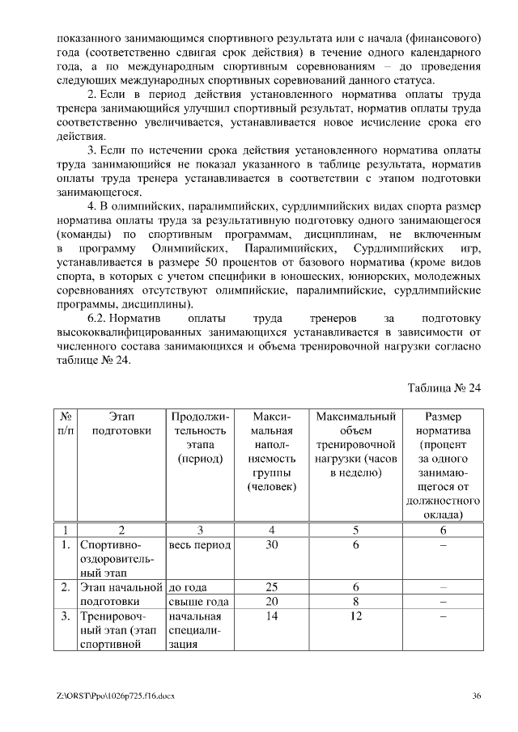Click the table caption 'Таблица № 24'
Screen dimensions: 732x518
click(444, 387)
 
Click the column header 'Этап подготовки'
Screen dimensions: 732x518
click(121, 424)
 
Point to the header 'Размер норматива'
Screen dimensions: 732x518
click(443, 424)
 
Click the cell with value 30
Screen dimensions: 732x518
click(271, 545)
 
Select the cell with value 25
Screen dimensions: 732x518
click(271, 587)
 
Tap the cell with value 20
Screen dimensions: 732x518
click(271, 602)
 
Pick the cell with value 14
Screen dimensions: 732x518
click(271, 616)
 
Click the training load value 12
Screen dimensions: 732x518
click(355, 616)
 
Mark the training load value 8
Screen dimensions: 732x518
click(355, 602)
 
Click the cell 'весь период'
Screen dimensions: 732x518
click(200, 545)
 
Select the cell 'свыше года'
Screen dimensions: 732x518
click(199, 602)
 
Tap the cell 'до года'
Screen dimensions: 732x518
click(189, 587)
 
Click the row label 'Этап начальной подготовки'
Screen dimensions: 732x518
click(121, 594)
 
